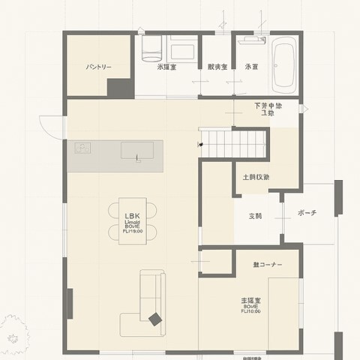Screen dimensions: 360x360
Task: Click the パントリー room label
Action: pos(98,67)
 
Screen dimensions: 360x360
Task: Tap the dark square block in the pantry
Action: pos(119,86)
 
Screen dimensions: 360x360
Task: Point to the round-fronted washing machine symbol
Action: pos(151,49)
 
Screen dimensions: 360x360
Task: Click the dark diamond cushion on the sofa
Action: pos(155,319)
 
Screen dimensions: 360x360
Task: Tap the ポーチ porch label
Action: pos(306,213)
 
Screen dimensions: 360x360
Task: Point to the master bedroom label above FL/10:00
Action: pos(250,300)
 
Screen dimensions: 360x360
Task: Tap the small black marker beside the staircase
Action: pos(201,142)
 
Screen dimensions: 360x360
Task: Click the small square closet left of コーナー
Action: pos(217,263)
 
